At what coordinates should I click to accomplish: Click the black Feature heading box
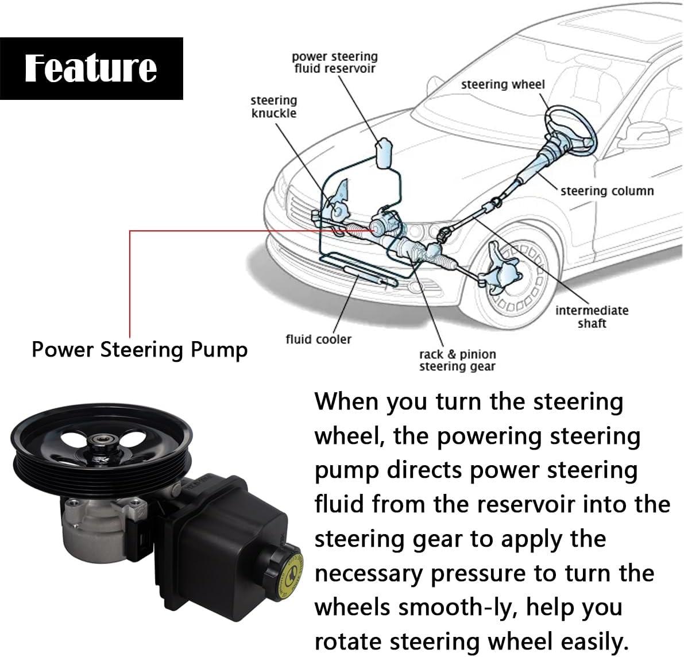click(x=91, y=68)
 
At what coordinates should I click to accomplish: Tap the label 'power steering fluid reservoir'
click(x=334, y=63)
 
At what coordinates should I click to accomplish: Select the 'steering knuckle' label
click(x=274, y=107)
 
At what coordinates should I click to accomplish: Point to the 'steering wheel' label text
click(x=503, y=84)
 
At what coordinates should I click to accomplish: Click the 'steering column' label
click(x=607, y=191)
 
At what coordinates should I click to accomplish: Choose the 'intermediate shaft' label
click(x=592, y=316)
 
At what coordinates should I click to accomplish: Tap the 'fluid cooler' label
click(x=318, y=339)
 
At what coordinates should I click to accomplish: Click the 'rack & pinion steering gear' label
click(x=457, y=360)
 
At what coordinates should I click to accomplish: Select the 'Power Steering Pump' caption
click(x=140, y=349)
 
